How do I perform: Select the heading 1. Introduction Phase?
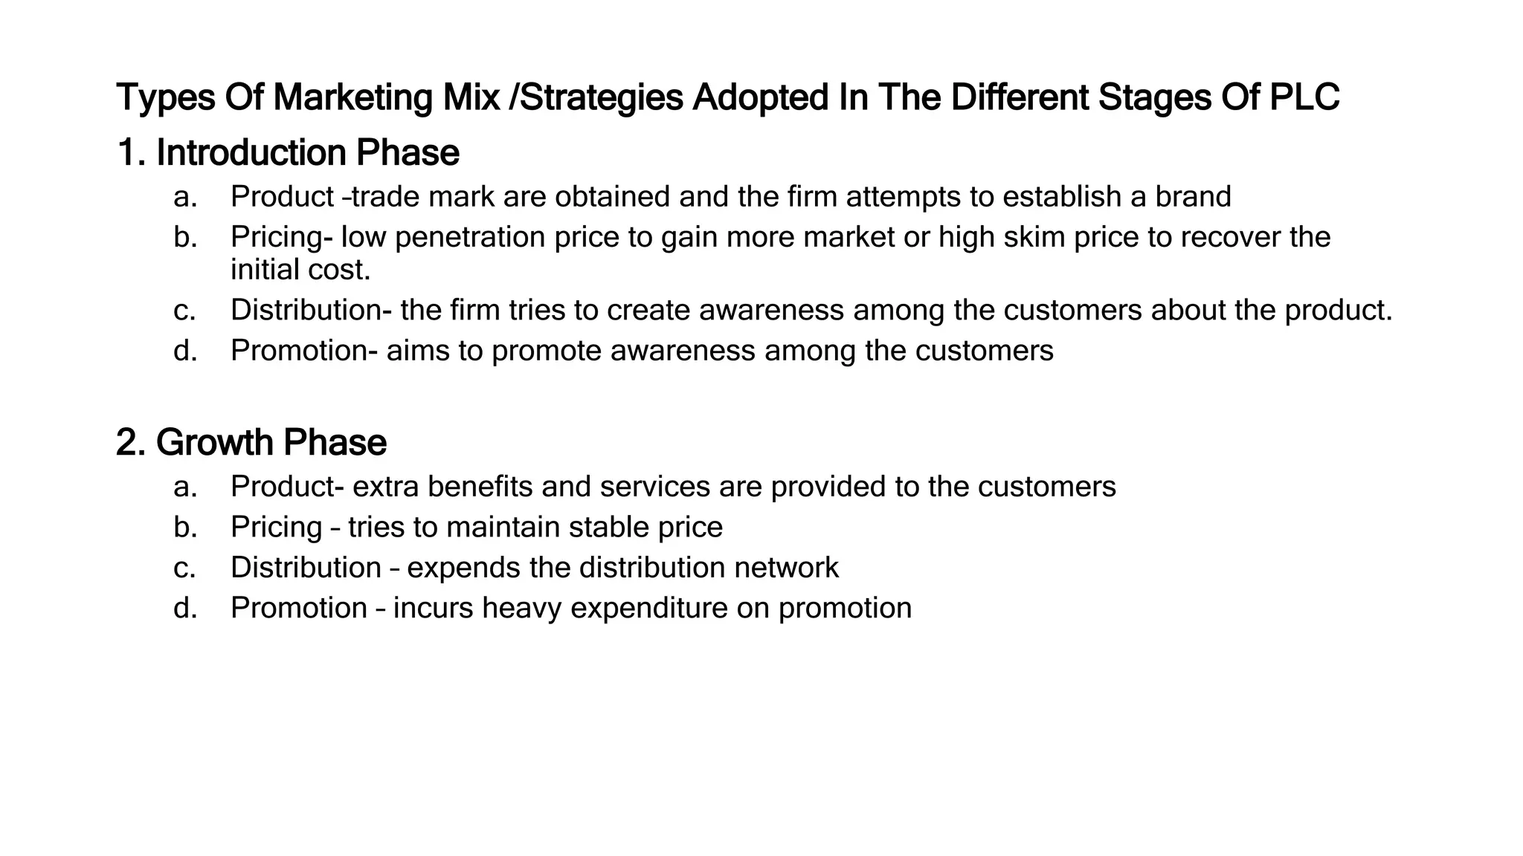coord(289,153)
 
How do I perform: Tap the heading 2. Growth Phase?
coord(251,443)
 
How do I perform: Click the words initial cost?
coord(300,270)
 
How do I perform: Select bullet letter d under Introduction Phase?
coord(185,351)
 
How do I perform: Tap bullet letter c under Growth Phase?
coord(184,568)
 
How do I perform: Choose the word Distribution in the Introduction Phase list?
coord(309,311)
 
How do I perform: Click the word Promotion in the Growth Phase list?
coord(299,609)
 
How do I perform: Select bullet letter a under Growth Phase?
coord(184,487)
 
